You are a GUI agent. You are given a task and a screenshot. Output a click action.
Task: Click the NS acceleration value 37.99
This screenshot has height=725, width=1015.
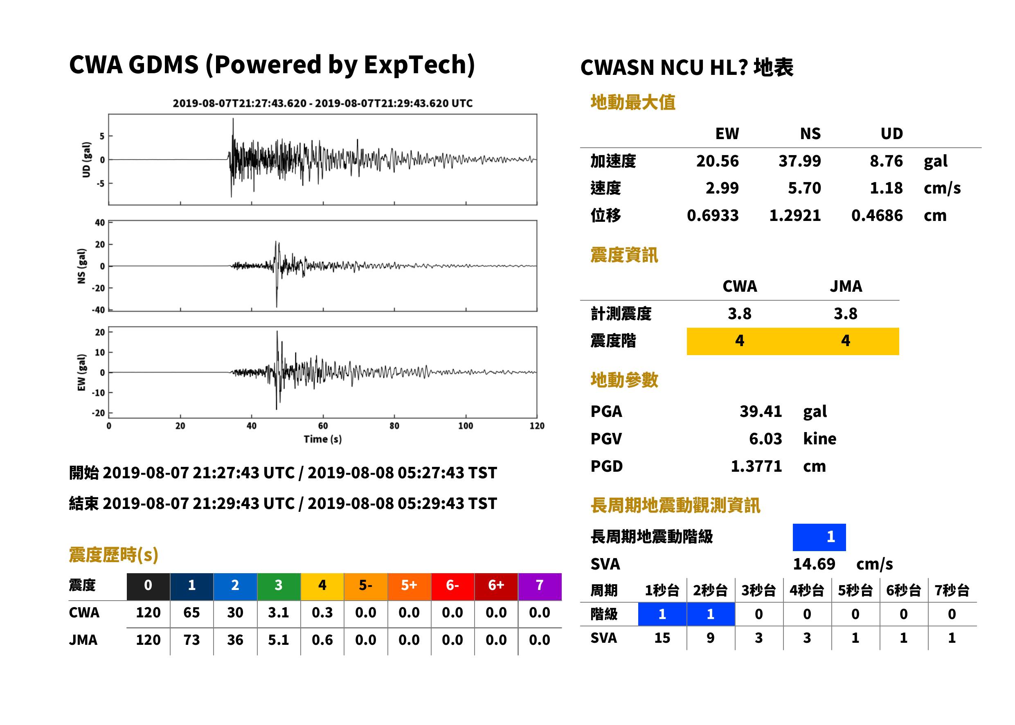pos(799,161)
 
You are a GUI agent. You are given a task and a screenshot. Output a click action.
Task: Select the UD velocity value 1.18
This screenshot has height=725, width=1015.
pos(886,188)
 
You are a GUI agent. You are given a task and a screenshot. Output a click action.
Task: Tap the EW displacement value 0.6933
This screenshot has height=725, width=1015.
pos(713,216)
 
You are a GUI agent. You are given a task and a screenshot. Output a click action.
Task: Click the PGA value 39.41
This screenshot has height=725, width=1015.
pos(761,411)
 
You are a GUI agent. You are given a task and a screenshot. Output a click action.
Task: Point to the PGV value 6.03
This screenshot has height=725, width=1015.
pos(765,439)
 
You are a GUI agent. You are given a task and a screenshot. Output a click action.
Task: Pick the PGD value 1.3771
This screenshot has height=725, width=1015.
pos(756,466)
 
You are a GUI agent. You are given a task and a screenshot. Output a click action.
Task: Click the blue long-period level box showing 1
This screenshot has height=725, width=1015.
pos(819,537)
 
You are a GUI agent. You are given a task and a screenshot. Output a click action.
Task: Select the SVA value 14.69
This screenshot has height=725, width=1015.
pos(814,564)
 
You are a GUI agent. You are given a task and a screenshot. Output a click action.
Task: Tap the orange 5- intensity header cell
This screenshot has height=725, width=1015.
pos(366,586)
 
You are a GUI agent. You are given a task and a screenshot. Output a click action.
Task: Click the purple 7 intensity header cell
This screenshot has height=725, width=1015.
pos(540,586)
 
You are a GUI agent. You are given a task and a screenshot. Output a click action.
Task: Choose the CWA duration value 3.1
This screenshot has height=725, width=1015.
pos(279,612)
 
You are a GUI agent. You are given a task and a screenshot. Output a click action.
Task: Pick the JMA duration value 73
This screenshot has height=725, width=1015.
pos(191,640)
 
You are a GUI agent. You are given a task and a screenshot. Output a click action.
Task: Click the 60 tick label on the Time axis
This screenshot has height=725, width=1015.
pos(323,426)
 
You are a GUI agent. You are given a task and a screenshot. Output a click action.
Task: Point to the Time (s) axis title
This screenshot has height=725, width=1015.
pos(323,439)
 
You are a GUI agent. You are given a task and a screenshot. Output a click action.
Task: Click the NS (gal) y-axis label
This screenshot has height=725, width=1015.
pos(81,266)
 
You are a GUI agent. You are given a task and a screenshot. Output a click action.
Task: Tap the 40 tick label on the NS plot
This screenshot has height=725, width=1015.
pos(100,223)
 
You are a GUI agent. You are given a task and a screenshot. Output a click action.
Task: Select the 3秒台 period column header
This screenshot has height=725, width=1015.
pos(758,591)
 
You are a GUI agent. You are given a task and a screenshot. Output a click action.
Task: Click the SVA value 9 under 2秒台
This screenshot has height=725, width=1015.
pos(710,638)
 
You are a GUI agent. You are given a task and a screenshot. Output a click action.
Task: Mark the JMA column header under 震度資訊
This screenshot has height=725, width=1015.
pos(846,286)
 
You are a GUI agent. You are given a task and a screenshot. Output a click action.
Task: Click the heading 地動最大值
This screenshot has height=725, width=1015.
pos(633,102)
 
